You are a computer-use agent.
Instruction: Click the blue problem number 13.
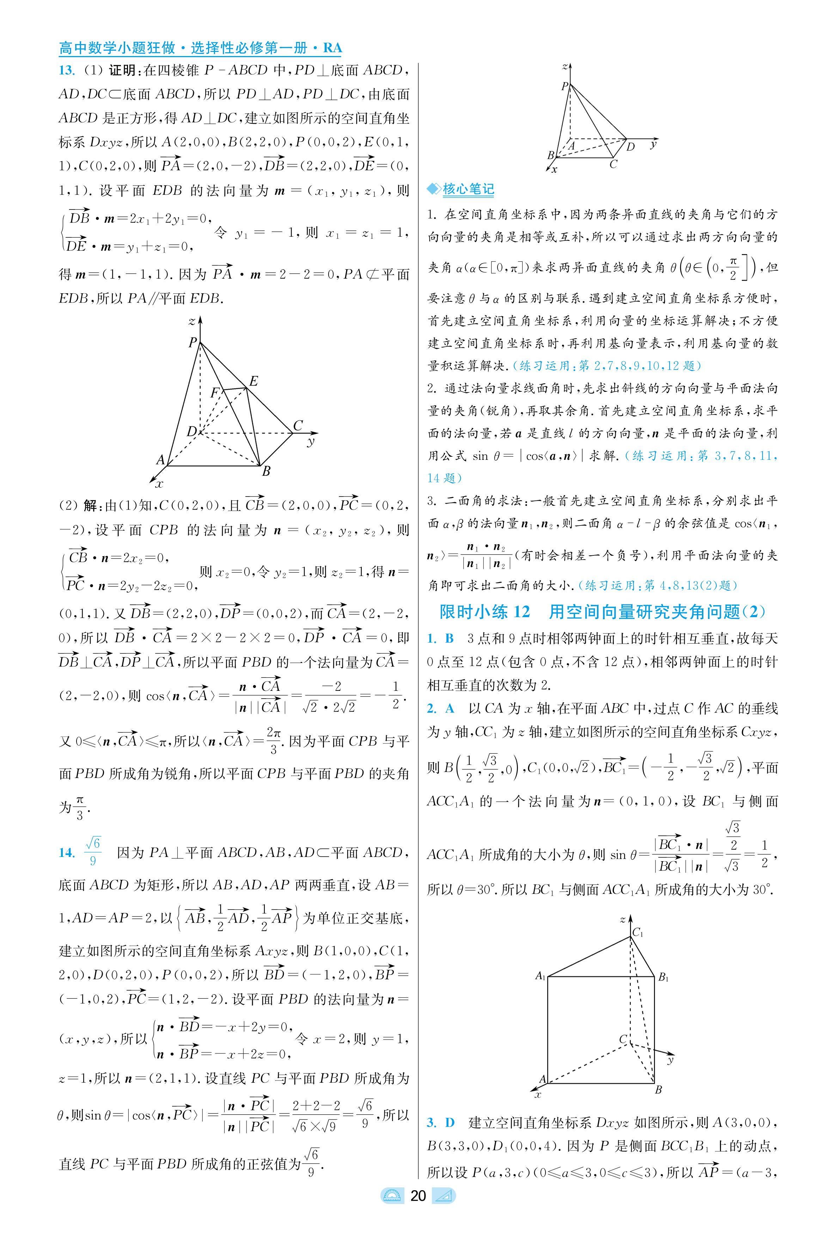click(x=66, y=71)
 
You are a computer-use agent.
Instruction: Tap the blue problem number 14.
click(x=66, y=852)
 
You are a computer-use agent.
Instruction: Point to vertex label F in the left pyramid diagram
click(x=215, y=393)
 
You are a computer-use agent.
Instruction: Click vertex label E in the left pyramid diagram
click(x=253, y=381)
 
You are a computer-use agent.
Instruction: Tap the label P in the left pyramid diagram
click(x=193, y=342)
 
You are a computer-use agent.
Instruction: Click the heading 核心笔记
click(x=468, y=189)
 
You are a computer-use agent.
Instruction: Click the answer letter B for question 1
click(x=450, y=638)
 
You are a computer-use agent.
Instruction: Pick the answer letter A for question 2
click(x=450, y=708)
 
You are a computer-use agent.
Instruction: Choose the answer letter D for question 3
click(x=450, y=1123)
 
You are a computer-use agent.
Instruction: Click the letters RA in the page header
click(x=332, y=48)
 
